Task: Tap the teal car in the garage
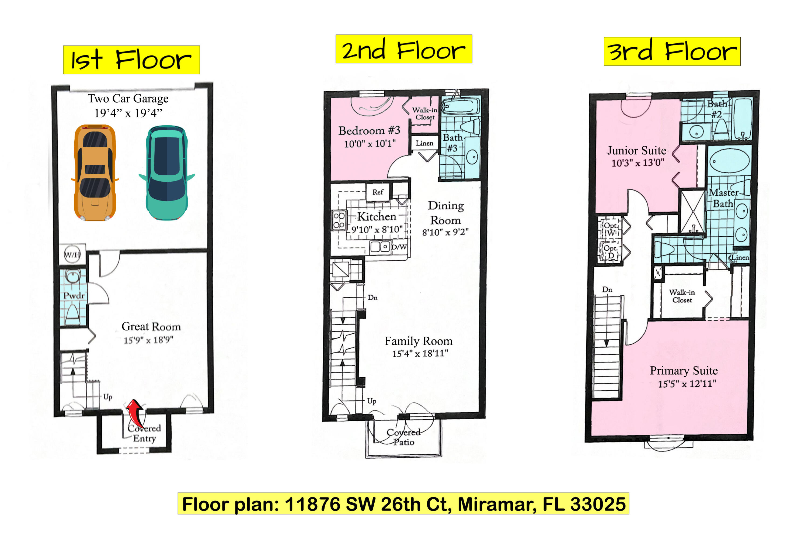pyautogui.click(x=167, y=173)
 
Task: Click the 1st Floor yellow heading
pyautogui.click(x=131, y=60)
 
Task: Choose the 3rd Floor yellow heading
pyautogui.click(x=672, y=51)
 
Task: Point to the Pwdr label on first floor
pyautogui.click(x=74, y=296)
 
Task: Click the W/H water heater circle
pyautogui.click(x=72, y=255)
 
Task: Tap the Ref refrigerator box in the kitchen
pyautogui.click(x=378, y=192)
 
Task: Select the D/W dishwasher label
pyautogui.click(x=399, y=247)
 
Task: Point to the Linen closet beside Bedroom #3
pyautogui.click(x=425, y=143)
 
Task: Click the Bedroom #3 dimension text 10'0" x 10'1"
pyautogui.click(x=370, y=144)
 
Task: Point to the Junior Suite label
pyautogui.click(x=637, y=151)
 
